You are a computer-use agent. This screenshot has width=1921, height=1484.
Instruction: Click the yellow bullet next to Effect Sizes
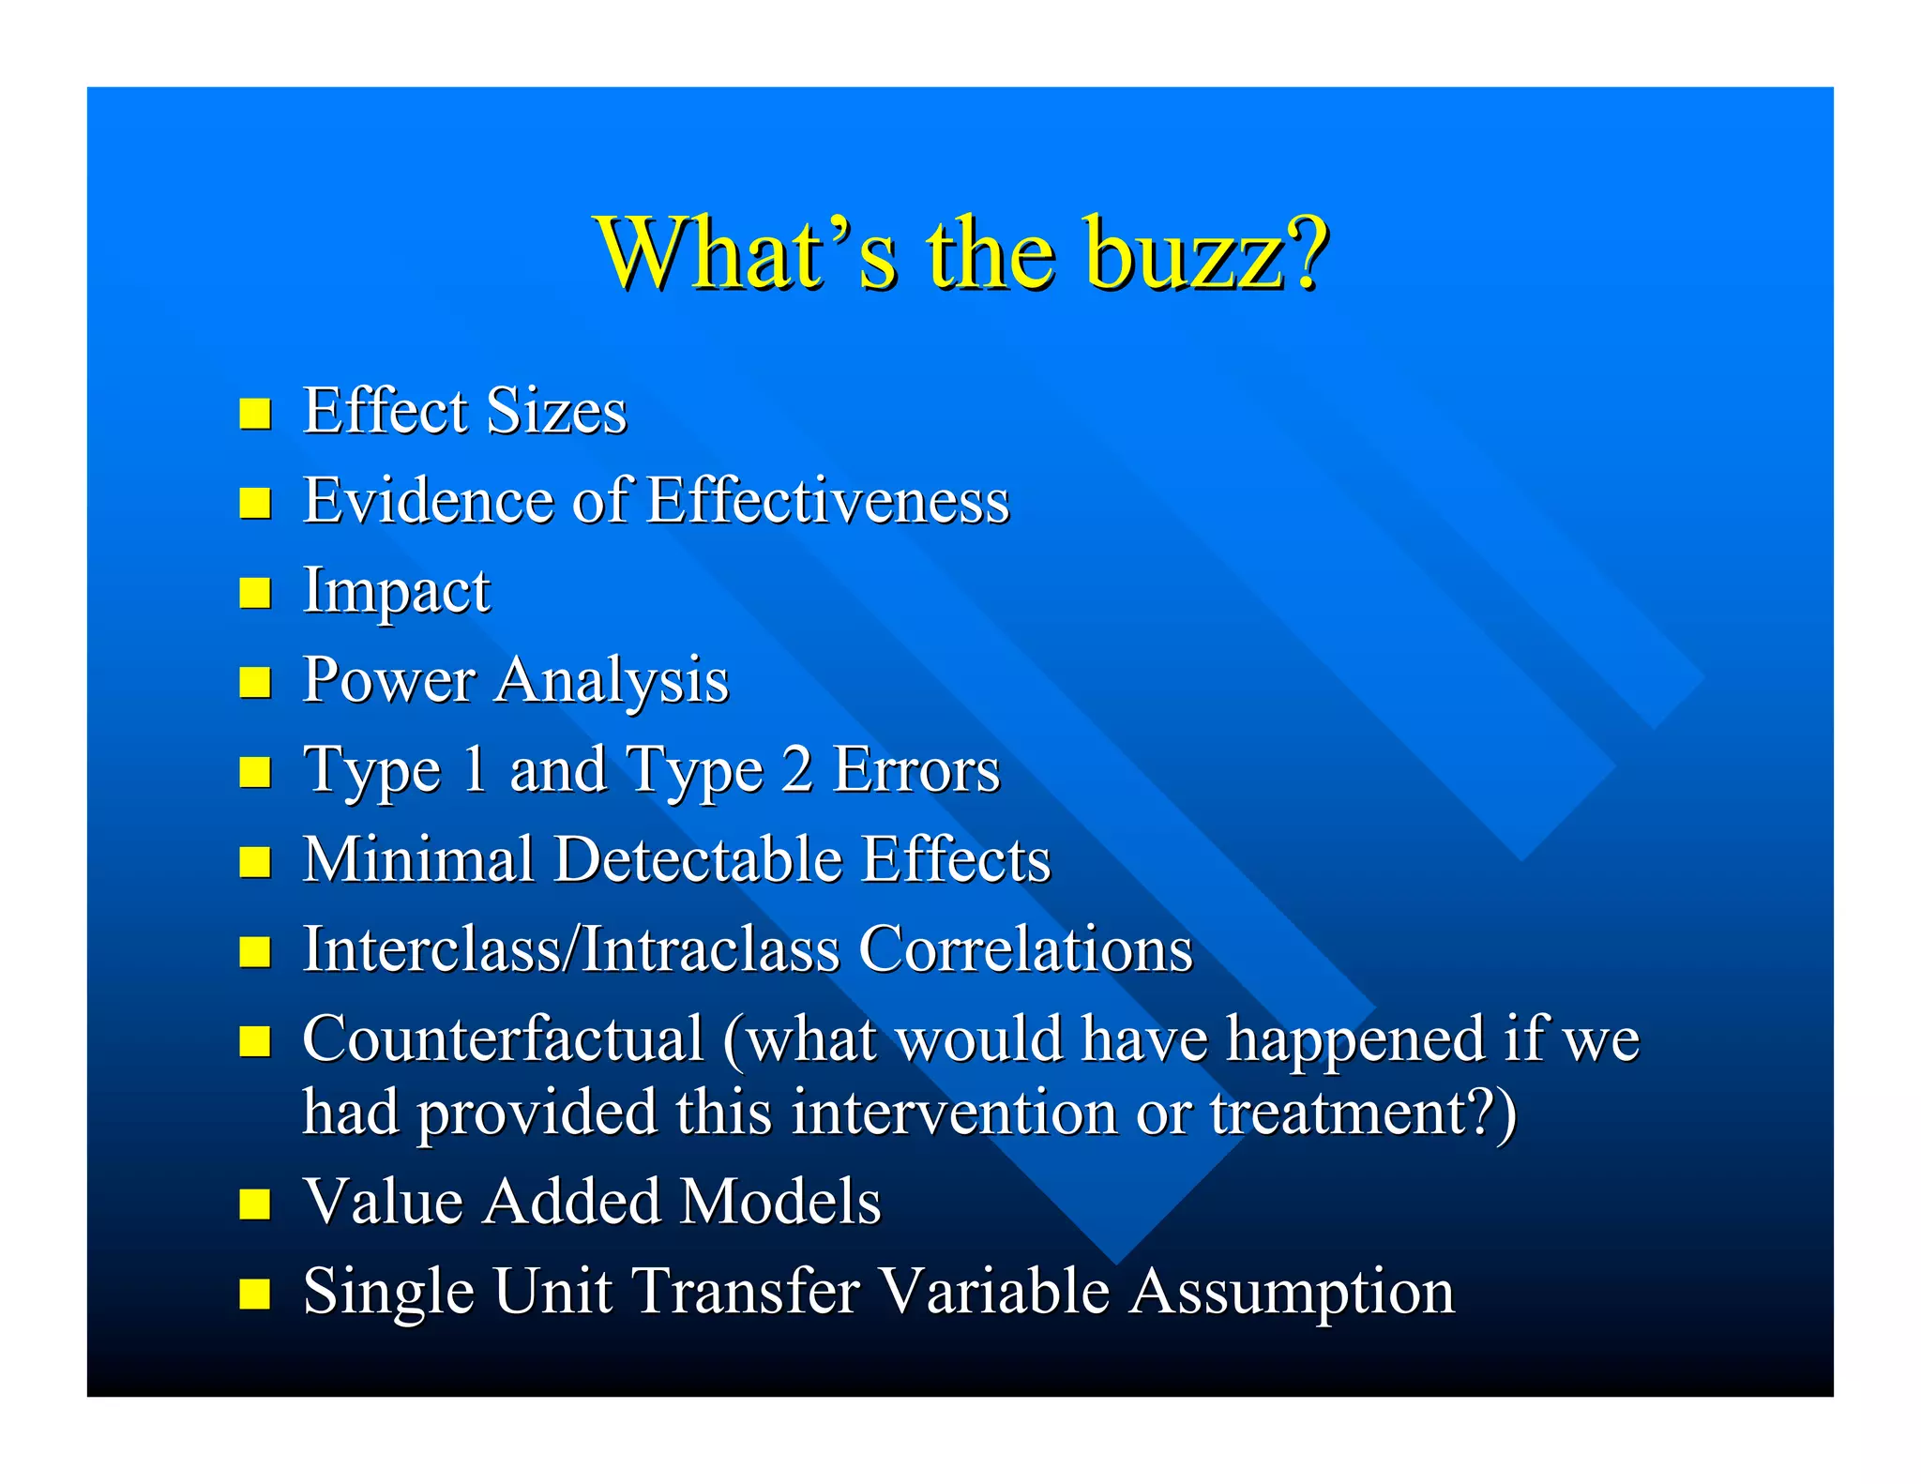(254, 413)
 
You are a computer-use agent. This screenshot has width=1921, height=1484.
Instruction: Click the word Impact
(396, 591)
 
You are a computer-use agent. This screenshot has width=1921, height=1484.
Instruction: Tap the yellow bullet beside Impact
(254, 593)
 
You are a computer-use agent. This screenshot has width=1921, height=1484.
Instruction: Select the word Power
(388, 680)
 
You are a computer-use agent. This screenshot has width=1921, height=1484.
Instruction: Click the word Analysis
(612, 680)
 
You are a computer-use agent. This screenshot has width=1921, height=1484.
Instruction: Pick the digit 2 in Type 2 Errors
(796, 769)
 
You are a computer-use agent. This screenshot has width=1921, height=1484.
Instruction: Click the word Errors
(916, 769)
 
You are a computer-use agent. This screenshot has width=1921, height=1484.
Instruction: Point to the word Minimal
(417, 859)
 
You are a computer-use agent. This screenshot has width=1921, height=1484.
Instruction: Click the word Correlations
(1025, 949)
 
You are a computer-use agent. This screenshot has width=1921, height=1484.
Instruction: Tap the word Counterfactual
(503, 1039)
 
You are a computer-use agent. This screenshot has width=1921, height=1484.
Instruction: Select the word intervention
(954, 1113)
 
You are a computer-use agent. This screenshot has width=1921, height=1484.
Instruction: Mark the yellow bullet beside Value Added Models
(254, 1204)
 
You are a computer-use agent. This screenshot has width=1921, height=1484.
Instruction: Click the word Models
(779, 1202)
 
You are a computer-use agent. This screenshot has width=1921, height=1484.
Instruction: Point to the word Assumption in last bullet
(1291, 1293)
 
